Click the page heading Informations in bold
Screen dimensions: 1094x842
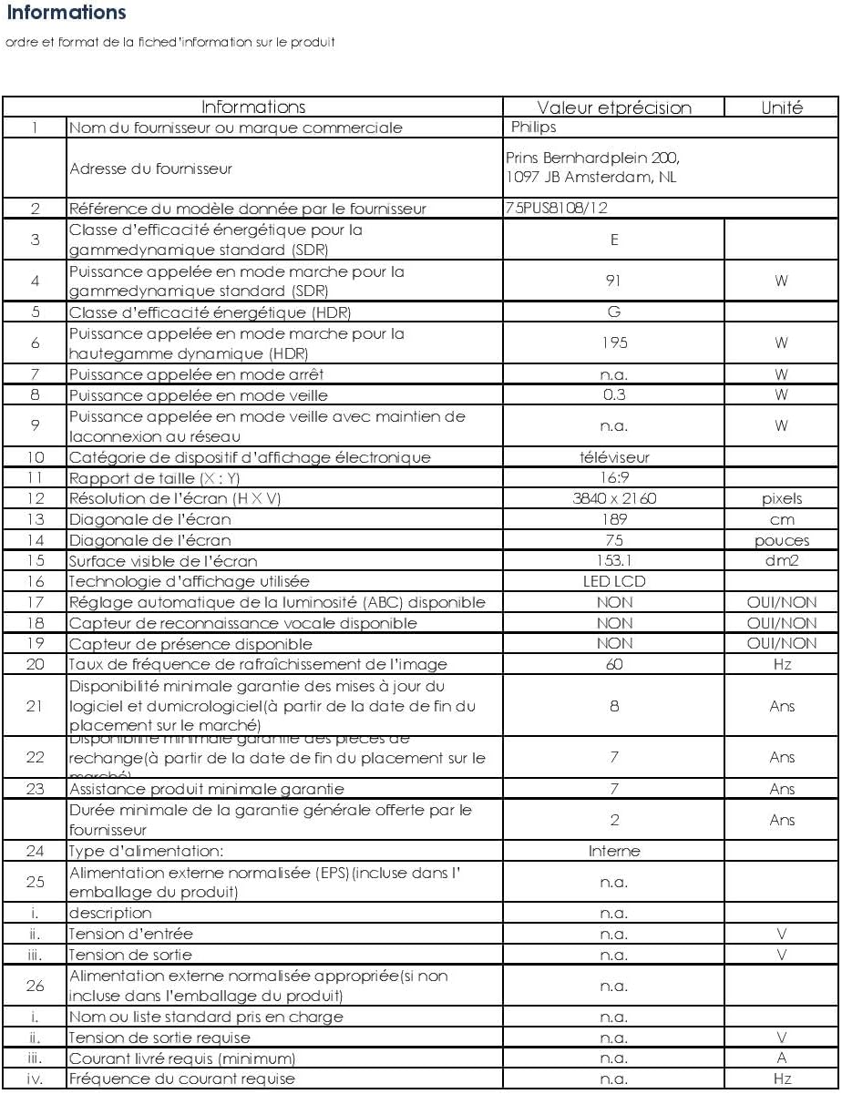pyautogui.click(x=66, y=14)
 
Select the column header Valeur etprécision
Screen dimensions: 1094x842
pyautogui.click(x=613, y=107)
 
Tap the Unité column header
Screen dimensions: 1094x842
pyautogui.click(x=781, y=107)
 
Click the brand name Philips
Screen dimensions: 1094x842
pyautogui.click(x=533, y=128)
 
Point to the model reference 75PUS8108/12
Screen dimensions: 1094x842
pyautogui.click(x=556, y=208)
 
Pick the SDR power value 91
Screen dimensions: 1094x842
pyautogui.click(x=613, y=281)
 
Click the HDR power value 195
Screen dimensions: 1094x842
pyautogui.click(x=614, y=343)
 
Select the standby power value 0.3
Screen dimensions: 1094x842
pyautogui.click(x=614, y=395)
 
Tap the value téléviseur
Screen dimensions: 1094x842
pyautogui.click(x=614, y=457)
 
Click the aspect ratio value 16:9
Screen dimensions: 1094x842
pyautogui.click(x=614, y=478)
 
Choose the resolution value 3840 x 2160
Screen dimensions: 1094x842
pyautogui.click(x=614, y=498)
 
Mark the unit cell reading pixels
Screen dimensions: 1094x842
pyautogui.click(x=782, y=498)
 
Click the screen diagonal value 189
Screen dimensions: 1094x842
pyautogui.click(x=614, y=519)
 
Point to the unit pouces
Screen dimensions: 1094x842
pyautogui.click(x=782, y=540)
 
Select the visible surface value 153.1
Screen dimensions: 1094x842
pyautogui.click(x=614, y=561)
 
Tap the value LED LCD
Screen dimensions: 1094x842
pyautogui.click(x=614, y=581)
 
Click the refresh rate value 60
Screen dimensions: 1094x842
pyautogui.click(x=614, y=664)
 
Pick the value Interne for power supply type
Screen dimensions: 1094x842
pyautogui.click(x=614, y=851)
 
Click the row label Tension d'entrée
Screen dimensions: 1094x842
pyautogui.click(x=131, y=934)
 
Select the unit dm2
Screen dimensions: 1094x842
pyautogui.click(x=782, y=561)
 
